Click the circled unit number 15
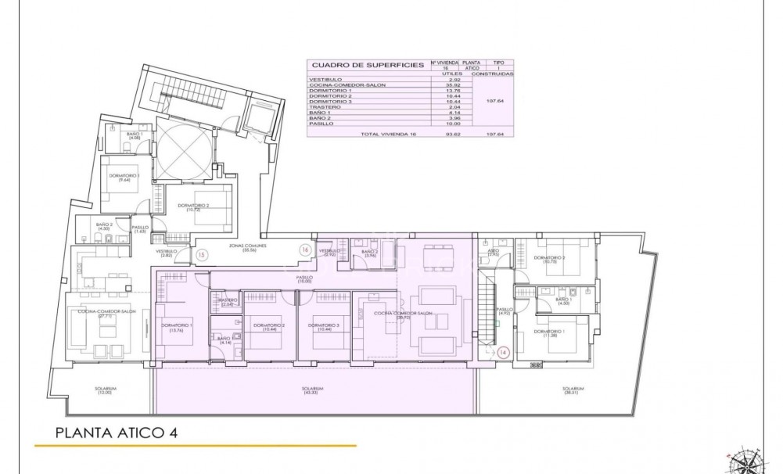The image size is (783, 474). point(201,254)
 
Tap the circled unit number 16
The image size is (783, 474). point(304,249)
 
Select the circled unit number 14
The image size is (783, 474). point(504,352)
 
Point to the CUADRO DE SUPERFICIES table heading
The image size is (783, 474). point(356,66)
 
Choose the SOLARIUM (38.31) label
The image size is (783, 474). point(573,390)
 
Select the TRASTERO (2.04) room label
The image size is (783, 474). point(228,303)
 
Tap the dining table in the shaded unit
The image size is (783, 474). point(429,256)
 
